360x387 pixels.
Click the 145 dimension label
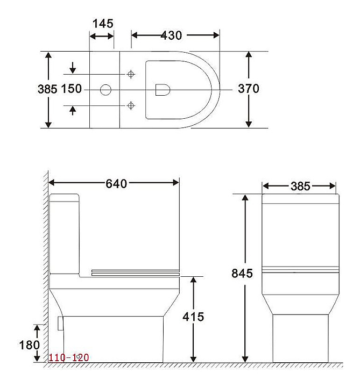[103, 24]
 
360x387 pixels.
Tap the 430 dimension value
[171, 35]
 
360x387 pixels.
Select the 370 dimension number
[249, 89]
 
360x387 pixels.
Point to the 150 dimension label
[71, 89]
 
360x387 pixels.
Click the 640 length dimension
[116, 184]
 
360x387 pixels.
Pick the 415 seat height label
[193, 317]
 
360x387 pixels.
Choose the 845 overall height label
[242, 274]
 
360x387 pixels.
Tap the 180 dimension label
[30, 345]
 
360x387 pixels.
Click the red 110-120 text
[68, 357]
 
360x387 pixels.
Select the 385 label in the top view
[47, 89]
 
